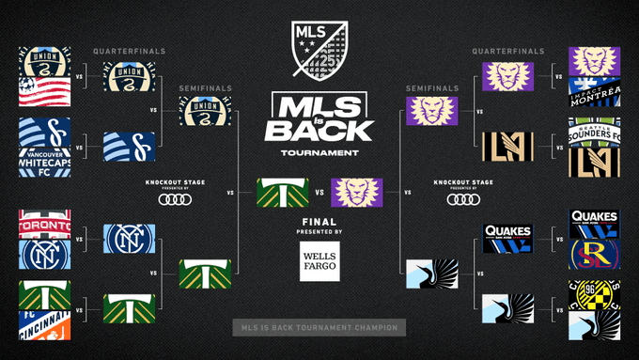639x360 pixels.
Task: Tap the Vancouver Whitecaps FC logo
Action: (43, 160)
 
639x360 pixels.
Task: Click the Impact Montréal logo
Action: (595, 94)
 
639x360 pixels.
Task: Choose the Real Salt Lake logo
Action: (595, 254)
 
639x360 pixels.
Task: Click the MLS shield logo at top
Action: (319, 47)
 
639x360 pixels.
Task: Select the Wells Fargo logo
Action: (319, 262)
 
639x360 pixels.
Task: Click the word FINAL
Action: (319, 223)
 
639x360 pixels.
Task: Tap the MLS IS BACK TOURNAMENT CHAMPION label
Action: (319, 328)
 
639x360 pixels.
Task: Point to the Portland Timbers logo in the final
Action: (282, 195)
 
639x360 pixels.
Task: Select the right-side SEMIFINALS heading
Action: (432, 88)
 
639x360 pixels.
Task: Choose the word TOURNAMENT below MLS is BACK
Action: (319, 151)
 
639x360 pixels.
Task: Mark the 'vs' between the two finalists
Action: (319, 195)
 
